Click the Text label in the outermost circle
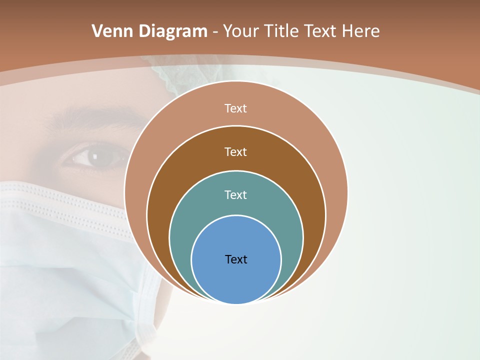click(236, 108)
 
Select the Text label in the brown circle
click(236, 151)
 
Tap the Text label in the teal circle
click(236, 194)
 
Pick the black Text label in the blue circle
click(236, 259)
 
